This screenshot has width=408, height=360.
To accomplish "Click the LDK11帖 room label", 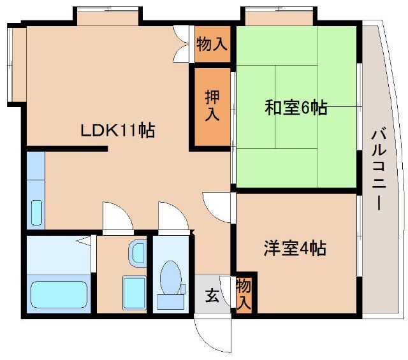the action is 118,130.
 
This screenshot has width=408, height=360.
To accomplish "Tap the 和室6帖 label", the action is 296,107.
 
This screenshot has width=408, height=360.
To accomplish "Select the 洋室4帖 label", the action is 295,248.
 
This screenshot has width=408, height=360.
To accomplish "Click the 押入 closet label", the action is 212,105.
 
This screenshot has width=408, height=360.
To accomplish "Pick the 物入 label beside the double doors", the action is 212,44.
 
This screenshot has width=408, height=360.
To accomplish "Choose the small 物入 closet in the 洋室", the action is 244,294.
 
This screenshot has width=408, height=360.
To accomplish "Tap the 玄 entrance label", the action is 212,296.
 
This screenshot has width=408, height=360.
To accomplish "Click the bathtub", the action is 59,294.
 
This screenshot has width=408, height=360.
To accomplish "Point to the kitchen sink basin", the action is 36,213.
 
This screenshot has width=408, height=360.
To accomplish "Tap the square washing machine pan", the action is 135,293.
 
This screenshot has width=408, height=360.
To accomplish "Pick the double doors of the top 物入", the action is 181,44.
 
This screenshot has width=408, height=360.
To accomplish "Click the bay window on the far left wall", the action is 17,64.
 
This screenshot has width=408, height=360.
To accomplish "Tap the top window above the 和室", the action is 279,16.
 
